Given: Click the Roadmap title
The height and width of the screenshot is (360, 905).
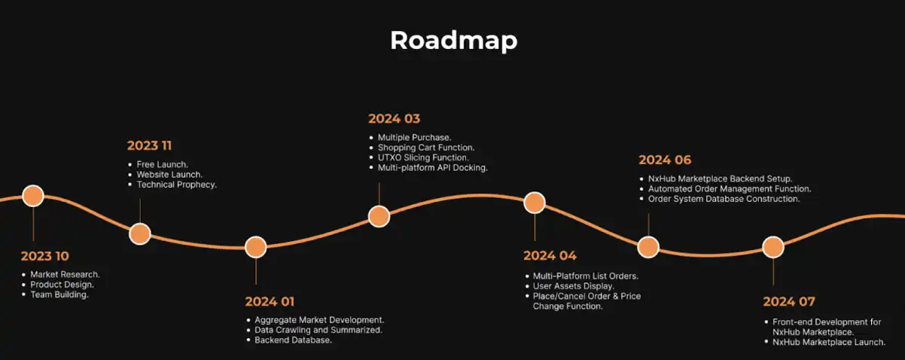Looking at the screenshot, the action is click(x=453, y=41).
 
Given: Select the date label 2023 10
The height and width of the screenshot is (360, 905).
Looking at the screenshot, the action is click(x=45, y=256).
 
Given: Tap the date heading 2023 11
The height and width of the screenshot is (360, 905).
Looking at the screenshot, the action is click(x=150, y=145).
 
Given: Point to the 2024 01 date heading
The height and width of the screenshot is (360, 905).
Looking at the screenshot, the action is click(x=270, y=302).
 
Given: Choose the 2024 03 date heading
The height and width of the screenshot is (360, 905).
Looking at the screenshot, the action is click(x=394, y=119).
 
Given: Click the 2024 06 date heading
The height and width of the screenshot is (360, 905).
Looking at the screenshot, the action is click(x=665, y=160).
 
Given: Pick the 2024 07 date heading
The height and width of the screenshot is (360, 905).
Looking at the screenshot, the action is click(x=788, y=302).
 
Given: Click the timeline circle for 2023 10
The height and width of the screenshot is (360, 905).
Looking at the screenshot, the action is click(x=33, y=196).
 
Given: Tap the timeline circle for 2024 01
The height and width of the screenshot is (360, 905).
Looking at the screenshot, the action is click(x=256, y=247).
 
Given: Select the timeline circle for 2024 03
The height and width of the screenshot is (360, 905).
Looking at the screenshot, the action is click(x=379, y=217).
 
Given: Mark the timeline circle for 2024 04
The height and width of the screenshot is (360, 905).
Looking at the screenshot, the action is click(x=535, y=203).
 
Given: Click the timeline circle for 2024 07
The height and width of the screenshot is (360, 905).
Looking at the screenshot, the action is click(x=773, y=247).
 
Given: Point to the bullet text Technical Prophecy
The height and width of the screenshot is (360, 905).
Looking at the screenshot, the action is click(x=176, y=185).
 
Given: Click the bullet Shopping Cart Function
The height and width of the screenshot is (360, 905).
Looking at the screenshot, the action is click(x=426, y=148).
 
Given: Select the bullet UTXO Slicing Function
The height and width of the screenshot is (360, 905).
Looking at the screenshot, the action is click(x=423, y=157).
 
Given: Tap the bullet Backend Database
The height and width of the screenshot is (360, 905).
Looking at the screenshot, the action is click(x=293, y=340).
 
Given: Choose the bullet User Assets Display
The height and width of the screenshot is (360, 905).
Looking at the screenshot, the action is click(x=573, y=286).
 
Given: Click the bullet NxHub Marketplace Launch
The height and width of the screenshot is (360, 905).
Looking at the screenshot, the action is click(x=829, y=342).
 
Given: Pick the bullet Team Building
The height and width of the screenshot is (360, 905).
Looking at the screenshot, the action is click(x=59, y=294).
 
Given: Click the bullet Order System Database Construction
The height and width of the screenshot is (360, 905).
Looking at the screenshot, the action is click(x=724, y=199).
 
